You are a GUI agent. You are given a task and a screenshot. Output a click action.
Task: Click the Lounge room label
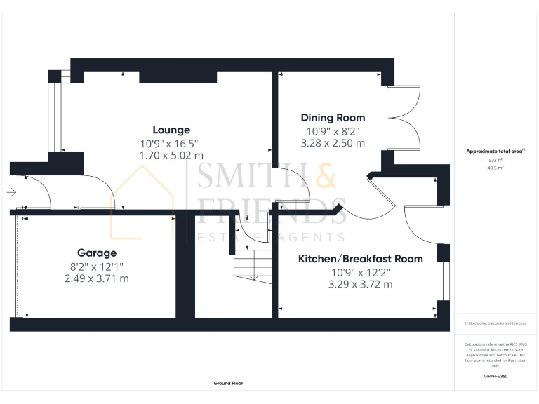171,130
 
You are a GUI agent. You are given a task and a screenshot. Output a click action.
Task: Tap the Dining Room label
333,118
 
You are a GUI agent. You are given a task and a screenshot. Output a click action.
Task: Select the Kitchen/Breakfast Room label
360,259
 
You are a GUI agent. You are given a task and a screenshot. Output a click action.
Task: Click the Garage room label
97,252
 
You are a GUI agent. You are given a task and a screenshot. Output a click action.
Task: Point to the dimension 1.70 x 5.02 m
171,155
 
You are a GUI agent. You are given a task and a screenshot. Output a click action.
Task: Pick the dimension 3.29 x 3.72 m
360,284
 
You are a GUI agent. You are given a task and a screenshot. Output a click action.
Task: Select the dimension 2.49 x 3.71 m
97,278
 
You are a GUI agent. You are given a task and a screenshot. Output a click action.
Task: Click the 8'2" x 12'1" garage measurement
97,266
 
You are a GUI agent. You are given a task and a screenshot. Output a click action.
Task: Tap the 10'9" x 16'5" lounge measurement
171,143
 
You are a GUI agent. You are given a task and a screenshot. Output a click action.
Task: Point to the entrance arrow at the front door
12,191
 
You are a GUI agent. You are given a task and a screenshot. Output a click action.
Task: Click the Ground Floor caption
229,384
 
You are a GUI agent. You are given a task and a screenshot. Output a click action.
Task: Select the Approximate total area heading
495,151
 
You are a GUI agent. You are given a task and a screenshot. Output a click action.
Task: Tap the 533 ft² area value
495,161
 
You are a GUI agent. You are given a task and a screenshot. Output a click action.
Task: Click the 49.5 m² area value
495,168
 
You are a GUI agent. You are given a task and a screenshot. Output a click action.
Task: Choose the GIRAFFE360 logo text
495,377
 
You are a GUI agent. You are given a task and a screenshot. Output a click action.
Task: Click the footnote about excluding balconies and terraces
495,323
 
